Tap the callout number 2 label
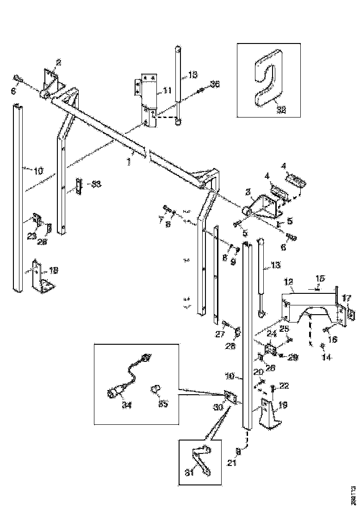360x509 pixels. (58, 62)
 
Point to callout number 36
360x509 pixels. (215, 84)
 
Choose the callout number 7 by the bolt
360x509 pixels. (161, 219)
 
